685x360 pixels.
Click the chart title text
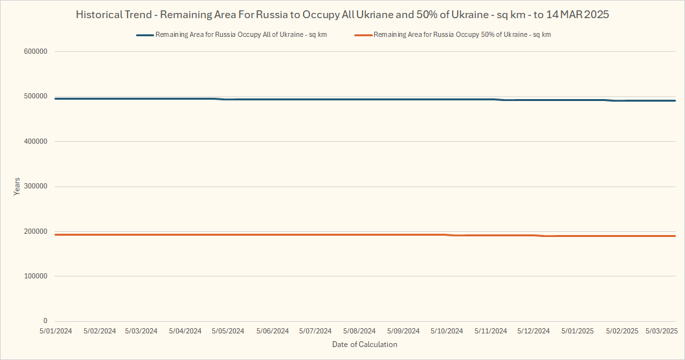coord(342,14)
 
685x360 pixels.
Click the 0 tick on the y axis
coord(45,321)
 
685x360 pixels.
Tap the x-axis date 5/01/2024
coord(55,331)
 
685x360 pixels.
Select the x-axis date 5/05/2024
coord(229,331)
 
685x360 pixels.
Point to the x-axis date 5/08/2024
coord(359,331)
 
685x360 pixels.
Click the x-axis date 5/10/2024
coord(447,331)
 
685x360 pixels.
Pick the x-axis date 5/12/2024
coord(533,331)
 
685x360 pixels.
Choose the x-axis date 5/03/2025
coord(662,331)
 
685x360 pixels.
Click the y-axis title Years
coord(17,186)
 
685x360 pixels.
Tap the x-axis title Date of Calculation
coord(365,344)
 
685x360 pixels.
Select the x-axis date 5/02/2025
coord(622,331)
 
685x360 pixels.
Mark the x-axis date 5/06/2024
coord(272,331)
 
